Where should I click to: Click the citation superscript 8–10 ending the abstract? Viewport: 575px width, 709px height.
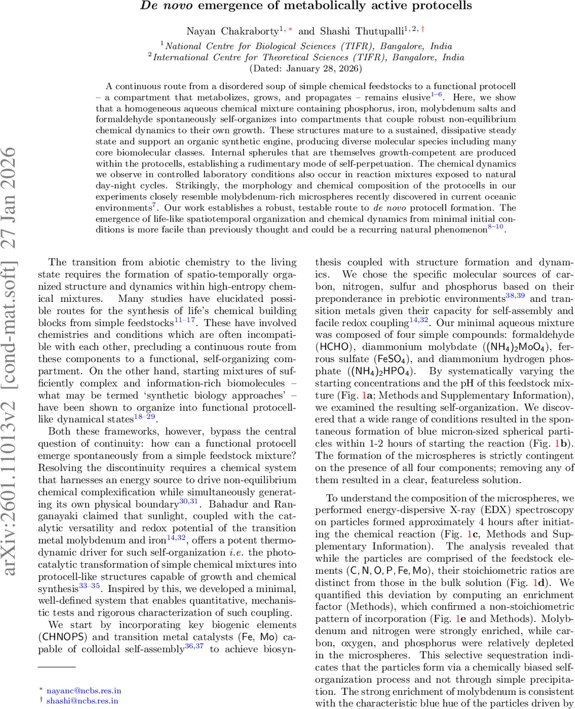coord(495,226)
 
